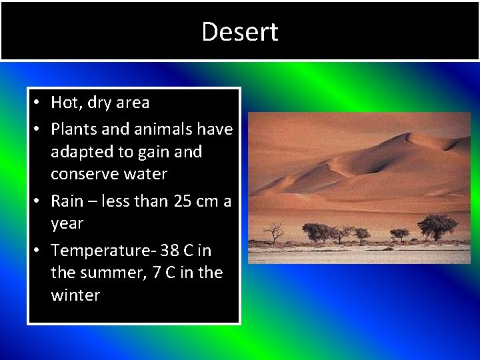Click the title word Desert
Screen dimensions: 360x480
pos(240,32)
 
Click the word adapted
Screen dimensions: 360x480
pos(83,152)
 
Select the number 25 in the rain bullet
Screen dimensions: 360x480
pos(183,201)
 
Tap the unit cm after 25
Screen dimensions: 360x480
pos(208,201)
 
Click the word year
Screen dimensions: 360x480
pos(67,224)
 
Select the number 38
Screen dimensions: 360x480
pos(169,251)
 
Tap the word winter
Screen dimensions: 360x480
pos(75,295)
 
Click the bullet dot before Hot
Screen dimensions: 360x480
pos(39,103)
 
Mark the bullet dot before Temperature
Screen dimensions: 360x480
pos(39,251)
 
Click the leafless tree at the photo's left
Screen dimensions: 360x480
pos(273,233)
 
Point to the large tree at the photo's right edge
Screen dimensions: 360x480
pos(437,227)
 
